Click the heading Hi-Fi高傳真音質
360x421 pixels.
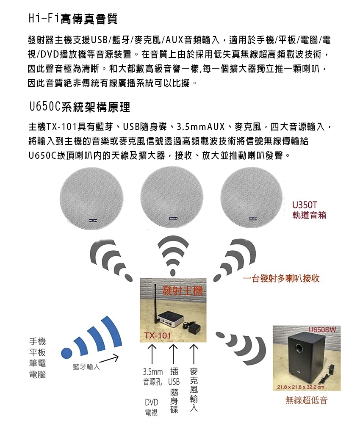coord(72,19)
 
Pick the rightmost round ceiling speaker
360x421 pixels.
coord(252,197)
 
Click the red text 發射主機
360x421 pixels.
coord(183,291)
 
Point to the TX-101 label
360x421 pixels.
coord(158,336)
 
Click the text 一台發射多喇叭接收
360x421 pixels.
coord(281,278)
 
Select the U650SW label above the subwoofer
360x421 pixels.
coord(322,330)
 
